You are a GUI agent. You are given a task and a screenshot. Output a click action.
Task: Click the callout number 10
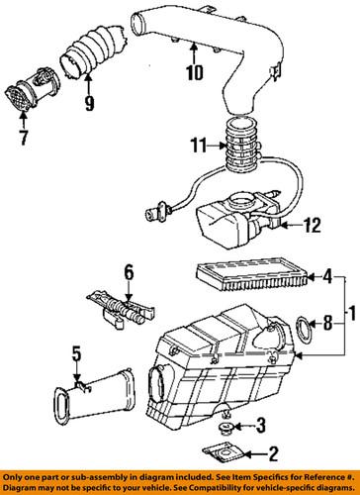click(195, 72)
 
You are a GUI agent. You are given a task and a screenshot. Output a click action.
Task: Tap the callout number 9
click(89, 103)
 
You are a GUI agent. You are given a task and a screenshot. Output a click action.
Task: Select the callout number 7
click(23, 138)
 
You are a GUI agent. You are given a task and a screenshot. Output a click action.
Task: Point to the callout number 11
click(199, 146)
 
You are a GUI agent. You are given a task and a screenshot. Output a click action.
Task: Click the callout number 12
click(312, 226)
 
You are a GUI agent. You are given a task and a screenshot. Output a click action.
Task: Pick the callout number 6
click(129, 273)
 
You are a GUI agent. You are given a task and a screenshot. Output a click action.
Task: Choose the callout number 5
click(76, 354)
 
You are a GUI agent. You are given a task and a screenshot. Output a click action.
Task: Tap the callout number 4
click(327, 277)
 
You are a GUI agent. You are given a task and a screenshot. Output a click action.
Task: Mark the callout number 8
click(327, 323)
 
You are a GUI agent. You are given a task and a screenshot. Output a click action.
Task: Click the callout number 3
click(261, 426)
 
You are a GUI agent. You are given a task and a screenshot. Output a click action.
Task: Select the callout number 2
click(274, 454)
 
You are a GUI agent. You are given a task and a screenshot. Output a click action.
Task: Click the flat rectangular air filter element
click(252, 274)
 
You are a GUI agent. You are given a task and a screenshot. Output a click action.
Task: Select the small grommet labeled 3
click(226, 428)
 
